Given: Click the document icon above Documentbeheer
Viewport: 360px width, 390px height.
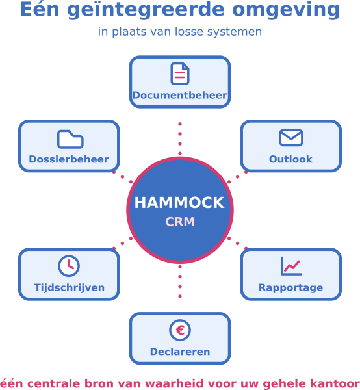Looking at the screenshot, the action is (x=180, y=73).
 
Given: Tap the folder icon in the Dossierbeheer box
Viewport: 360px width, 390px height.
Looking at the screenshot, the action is (x=70, y=139).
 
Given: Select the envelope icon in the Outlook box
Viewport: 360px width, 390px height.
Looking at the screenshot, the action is (x=291, y=138).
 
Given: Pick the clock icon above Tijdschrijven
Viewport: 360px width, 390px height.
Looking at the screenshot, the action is (x=69, y=266).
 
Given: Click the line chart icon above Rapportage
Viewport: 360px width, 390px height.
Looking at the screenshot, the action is (x=291, y=266).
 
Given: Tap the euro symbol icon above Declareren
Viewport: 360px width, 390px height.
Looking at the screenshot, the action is (x=180, y=330).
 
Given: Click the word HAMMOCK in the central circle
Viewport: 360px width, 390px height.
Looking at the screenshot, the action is (x=179, y=202).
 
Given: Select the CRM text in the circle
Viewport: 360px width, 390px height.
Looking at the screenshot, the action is (x=180, y=222).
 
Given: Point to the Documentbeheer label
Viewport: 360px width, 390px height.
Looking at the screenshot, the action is (x=180, y=95).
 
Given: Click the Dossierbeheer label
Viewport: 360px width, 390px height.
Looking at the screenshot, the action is (x=69, y=159).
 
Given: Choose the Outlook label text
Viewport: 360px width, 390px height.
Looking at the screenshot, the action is (x=290, y=159).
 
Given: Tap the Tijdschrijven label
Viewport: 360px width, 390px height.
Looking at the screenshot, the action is (x=69, y=288).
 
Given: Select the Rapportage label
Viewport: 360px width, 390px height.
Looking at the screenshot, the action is (x=291, y=288).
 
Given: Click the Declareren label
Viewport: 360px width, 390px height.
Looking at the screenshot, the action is (x=180, y=352).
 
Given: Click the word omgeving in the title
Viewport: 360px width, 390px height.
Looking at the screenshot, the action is (x=286, y=10).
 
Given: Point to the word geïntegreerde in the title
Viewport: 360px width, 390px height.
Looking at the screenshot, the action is (x=146, y=10).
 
